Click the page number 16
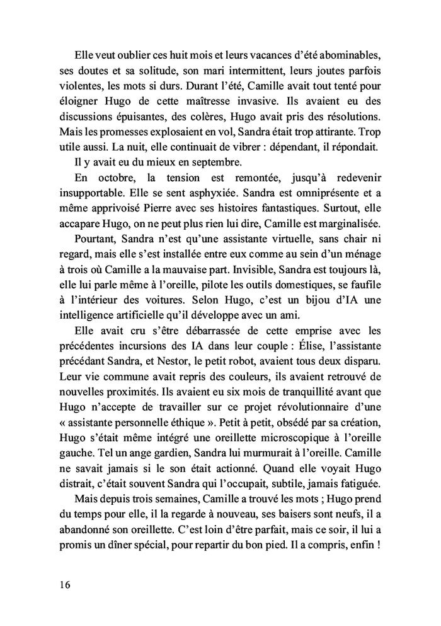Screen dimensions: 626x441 [62, 584]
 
